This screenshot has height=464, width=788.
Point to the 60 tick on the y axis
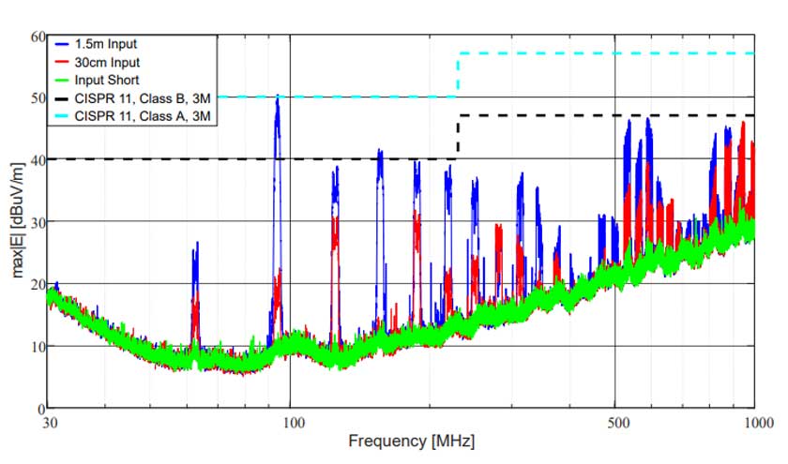click(37, 37)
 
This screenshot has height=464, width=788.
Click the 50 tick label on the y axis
click(37, 97)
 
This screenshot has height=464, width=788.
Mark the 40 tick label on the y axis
click(37, 159)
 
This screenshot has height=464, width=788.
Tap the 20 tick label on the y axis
click(37, 284)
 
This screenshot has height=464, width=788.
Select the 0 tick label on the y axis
click(39, 408)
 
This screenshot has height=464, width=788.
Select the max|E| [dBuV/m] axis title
click(15, 221)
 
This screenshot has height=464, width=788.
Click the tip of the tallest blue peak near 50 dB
click(278, 96)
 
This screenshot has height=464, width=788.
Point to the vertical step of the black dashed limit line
click(458, 137)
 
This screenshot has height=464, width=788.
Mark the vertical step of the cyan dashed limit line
click(458, 75)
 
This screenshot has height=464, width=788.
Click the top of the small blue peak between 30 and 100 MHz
click(196, 243)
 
